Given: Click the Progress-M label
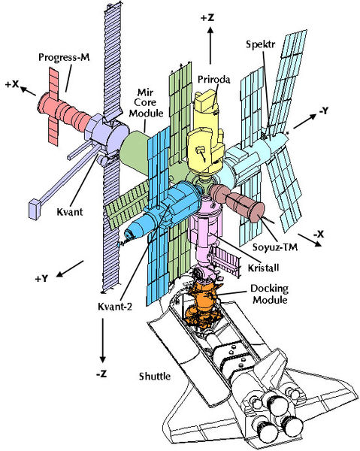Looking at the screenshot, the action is click(x=64, y=57).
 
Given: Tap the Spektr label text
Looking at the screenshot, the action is click(x=261, y=44).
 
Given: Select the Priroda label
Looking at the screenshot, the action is click(x=214, y=79).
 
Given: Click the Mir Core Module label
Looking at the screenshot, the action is click(x=146, y=102).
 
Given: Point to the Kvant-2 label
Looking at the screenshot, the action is click(x=115, y=307).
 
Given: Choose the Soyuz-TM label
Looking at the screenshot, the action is click(x=275, y=247).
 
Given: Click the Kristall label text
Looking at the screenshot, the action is click(x=263, y=268).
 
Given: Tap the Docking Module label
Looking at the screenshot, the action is click(x=269, y=294).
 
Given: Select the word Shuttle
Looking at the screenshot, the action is click(x=155, y=377).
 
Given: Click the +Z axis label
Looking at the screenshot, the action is click(x=207, y=17).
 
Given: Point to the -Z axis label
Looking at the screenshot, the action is click(x=101, y=374).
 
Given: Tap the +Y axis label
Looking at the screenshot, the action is click(x=41, y=278).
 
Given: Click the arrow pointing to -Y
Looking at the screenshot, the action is click(x=305, y=121).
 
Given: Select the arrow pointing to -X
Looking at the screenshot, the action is click(x=310, y=240).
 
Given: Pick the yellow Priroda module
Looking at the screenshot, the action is click(x=205, y=135).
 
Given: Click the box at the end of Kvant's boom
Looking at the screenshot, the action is click(x=35, y=209).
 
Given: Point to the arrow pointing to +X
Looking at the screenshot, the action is click(x=28, y=91).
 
